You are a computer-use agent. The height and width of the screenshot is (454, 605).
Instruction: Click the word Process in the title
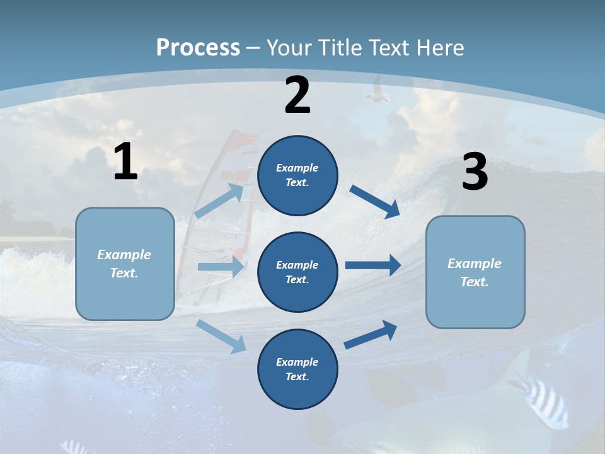click(x=198, y=47)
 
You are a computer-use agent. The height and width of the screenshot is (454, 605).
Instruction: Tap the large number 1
click(x=125, y=162)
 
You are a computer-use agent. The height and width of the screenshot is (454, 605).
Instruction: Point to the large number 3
click(x=475, y=172)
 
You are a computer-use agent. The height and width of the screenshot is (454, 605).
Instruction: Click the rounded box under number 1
click(x=125, y=264)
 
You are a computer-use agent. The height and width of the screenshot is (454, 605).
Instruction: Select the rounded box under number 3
click(x=475, y=272)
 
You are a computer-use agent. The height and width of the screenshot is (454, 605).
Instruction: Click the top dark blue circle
click(x=297, y=175)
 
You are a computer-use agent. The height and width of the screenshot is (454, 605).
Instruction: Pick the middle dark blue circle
click(x=297, y=272)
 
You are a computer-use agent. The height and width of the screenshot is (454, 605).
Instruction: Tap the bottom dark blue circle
click(x=297, y=369)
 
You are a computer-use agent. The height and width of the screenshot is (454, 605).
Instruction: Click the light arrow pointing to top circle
click(x=220, y=201)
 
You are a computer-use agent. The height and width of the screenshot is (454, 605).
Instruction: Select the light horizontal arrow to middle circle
click(x=221, y=267)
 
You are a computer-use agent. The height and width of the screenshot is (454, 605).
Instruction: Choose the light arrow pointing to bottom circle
click(x=221, y=336)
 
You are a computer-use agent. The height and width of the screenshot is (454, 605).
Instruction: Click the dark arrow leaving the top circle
click(x=374, y=201)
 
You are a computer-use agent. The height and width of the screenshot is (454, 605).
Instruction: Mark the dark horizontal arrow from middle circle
click(x=373, y=265)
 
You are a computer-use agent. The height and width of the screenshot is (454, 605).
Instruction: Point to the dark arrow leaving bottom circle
click(x=371, y=335)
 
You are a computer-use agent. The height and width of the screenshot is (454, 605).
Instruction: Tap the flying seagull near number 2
click(x=377, y=90)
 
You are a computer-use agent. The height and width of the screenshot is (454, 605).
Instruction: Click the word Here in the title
click(x=441, y=47)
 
